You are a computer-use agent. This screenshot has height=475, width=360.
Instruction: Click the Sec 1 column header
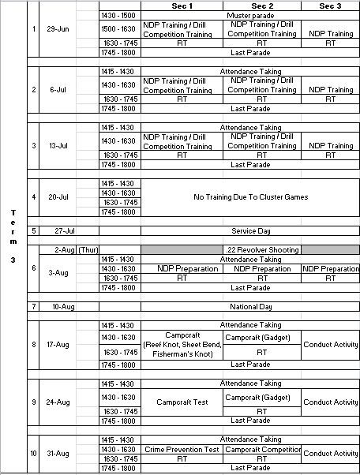pos(182,6)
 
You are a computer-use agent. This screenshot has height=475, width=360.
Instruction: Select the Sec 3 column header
pos(331,6)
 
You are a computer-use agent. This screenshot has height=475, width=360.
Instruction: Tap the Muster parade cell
pos(249,15)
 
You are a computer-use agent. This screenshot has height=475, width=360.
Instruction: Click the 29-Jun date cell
pos(59,29)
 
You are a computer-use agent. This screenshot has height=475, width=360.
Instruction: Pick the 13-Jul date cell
pos(59,146)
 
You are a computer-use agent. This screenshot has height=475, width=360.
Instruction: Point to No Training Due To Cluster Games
pos(249,197)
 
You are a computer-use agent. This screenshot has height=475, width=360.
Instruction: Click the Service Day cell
pos(249,231)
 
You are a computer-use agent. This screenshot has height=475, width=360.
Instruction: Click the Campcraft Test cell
pos(182,402)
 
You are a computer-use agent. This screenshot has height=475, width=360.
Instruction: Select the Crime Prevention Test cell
pos(182,449)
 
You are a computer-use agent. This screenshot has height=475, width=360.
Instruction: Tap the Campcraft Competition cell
pos(262,449)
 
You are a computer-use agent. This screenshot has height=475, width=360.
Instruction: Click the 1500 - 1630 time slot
pos(120,29)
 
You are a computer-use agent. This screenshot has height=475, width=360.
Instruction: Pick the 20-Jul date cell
pos(59,197)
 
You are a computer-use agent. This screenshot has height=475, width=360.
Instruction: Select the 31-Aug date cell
pos(59,454)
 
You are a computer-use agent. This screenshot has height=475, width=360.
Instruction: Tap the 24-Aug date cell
pos(59,402)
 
